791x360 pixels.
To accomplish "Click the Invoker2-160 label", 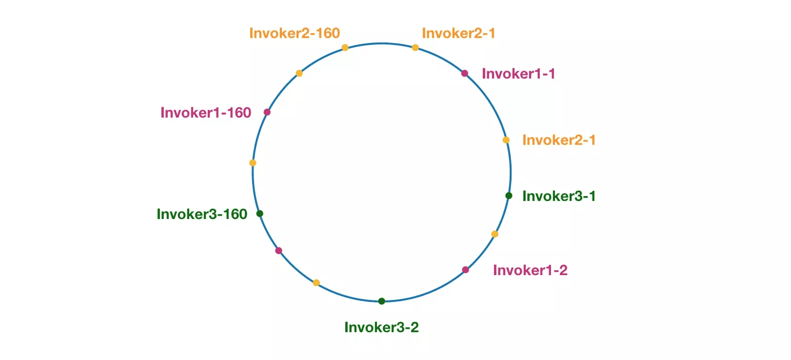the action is point(295,33).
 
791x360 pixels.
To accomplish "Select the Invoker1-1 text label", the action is point(518,74).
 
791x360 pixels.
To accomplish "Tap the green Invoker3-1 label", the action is point(559,196).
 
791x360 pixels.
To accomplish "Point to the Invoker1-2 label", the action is point(531,270).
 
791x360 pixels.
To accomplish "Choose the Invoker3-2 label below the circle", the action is point(381,327).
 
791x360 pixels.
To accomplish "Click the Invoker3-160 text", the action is point(202,214).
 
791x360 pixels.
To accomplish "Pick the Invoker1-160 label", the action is point(206,113).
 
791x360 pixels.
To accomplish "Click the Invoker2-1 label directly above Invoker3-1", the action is point(559,140).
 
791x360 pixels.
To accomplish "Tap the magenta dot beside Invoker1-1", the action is point(465,73).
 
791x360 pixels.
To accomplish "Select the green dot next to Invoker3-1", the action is point(509,196).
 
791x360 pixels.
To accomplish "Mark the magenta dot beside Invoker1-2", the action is point(465,270).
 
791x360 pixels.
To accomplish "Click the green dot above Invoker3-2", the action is point(382,301).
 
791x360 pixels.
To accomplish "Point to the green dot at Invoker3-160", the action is point(259,213).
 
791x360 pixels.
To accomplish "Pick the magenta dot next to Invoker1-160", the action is point(267,112).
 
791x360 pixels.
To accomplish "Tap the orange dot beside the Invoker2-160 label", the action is point(345,47).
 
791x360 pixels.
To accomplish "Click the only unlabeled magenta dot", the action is point(278,250).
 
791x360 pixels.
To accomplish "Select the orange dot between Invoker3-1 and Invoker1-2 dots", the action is point(494,234).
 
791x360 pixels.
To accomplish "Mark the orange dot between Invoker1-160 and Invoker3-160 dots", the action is point(253,163).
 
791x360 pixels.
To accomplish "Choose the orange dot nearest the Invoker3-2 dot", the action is point(316,282).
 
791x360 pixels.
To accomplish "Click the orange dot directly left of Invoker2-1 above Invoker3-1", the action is point(506,140).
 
